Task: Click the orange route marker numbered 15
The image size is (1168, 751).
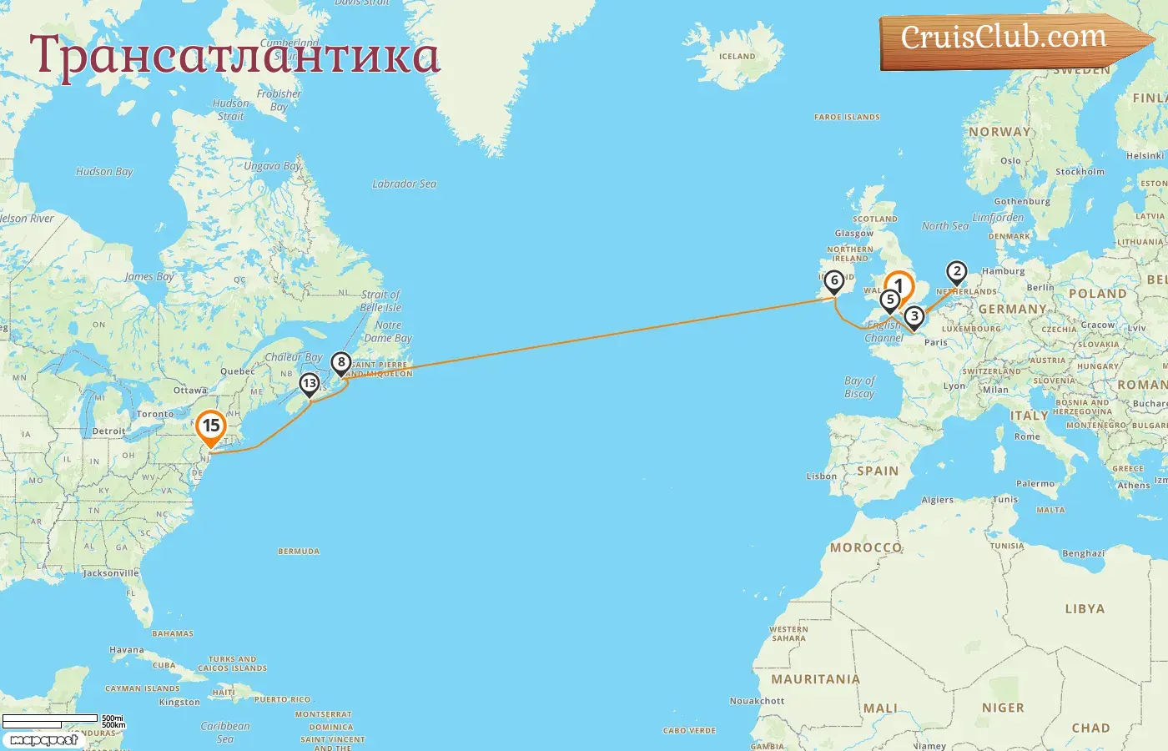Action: pos(211,426)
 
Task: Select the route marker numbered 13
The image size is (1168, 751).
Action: pos(310,384)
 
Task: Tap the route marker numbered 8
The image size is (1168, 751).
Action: pos(340,363)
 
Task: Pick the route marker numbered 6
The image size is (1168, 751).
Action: pos(833,281)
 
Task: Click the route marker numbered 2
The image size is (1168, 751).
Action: pos(956,272)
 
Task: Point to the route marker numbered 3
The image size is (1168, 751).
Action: pos(914,316)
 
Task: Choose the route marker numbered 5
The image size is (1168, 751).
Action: pos(890,300)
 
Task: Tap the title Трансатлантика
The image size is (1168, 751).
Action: pos(234,56)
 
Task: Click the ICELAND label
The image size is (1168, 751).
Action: pos(738,57)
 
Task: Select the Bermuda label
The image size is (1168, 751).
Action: pos(299,552)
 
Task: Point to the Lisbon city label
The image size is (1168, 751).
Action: pos(822,476)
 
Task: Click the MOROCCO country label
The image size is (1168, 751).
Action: pos(866,547)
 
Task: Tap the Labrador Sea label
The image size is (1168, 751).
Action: pos(405,184)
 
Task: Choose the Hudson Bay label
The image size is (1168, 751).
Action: pos(104,172)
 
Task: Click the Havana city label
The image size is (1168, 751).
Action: pos(127,650)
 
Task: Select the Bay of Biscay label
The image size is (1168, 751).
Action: pos(859,387)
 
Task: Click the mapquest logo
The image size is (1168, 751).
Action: pos(43,740)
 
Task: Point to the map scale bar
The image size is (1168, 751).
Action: pos(50,720)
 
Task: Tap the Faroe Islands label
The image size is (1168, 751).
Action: pos(847,118)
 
